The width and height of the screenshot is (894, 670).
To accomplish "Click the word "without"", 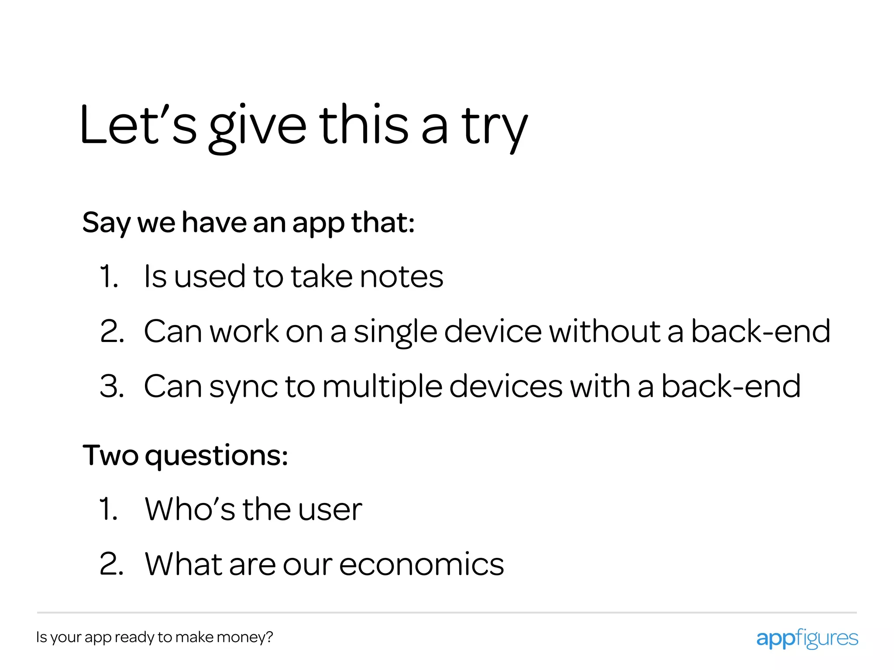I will click(604, 332).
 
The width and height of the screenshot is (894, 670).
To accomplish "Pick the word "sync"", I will click(243, 387).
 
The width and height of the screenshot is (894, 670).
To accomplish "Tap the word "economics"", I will click(421, 564).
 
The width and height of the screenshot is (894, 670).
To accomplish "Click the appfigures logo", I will click(807, 639).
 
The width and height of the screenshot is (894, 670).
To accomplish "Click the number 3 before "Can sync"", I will click(111, 386).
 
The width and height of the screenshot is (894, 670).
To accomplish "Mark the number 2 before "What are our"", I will click(111, 564).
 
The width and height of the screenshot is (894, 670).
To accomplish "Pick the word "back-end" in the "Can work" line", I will click(760, 332).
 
